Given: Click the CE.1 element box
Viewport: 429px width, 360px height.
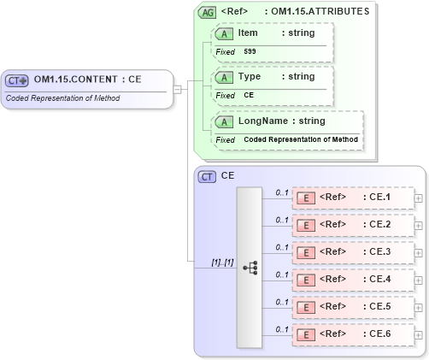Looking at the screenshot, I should click(352, 198).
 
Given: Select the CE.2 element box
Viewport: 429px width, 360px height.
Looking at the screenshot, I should click(352, 225).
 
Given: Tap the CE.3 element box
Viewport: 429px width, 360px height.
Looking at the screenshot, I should click(352, 252).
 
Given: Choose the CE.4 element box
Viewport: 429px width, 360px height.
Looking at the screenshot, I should click(352, 280).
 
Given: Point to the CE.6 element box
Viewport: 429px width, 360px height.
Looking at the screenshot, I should click(352, 333).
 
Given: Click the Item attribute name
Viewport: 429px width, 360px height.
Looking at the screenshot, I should click(248, 32).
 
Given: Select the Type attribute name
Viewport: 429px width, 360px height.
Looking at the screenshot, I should click(250, 76).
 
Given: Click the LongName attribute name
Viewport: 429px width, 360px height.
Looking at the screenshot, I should click(262, 121).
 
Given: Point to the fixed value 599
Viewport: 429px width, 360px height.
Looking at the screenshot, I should click(250, 51).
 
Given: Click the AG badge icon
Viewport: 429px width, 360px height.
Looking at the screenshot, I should click(207, 12).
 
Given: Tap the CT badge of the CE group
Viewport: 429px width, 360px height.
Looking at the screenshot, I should click(207, 176).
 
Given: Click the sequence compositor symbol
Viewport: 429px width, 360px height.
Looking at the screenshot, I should click(250, 268).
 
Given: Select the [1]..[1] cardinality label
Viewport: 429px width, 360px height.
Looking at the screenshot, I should click(222, 262).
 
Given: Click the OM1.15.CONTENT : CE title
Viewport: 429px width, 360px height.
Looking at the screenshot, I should click(87, 80).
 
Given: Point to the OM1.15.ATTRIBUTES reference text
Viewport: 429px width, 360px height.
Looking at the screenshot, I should click(317, 12).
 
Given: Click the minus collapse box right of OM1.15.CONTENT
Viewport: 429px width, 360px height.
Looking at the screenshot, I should click(177, 88).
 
